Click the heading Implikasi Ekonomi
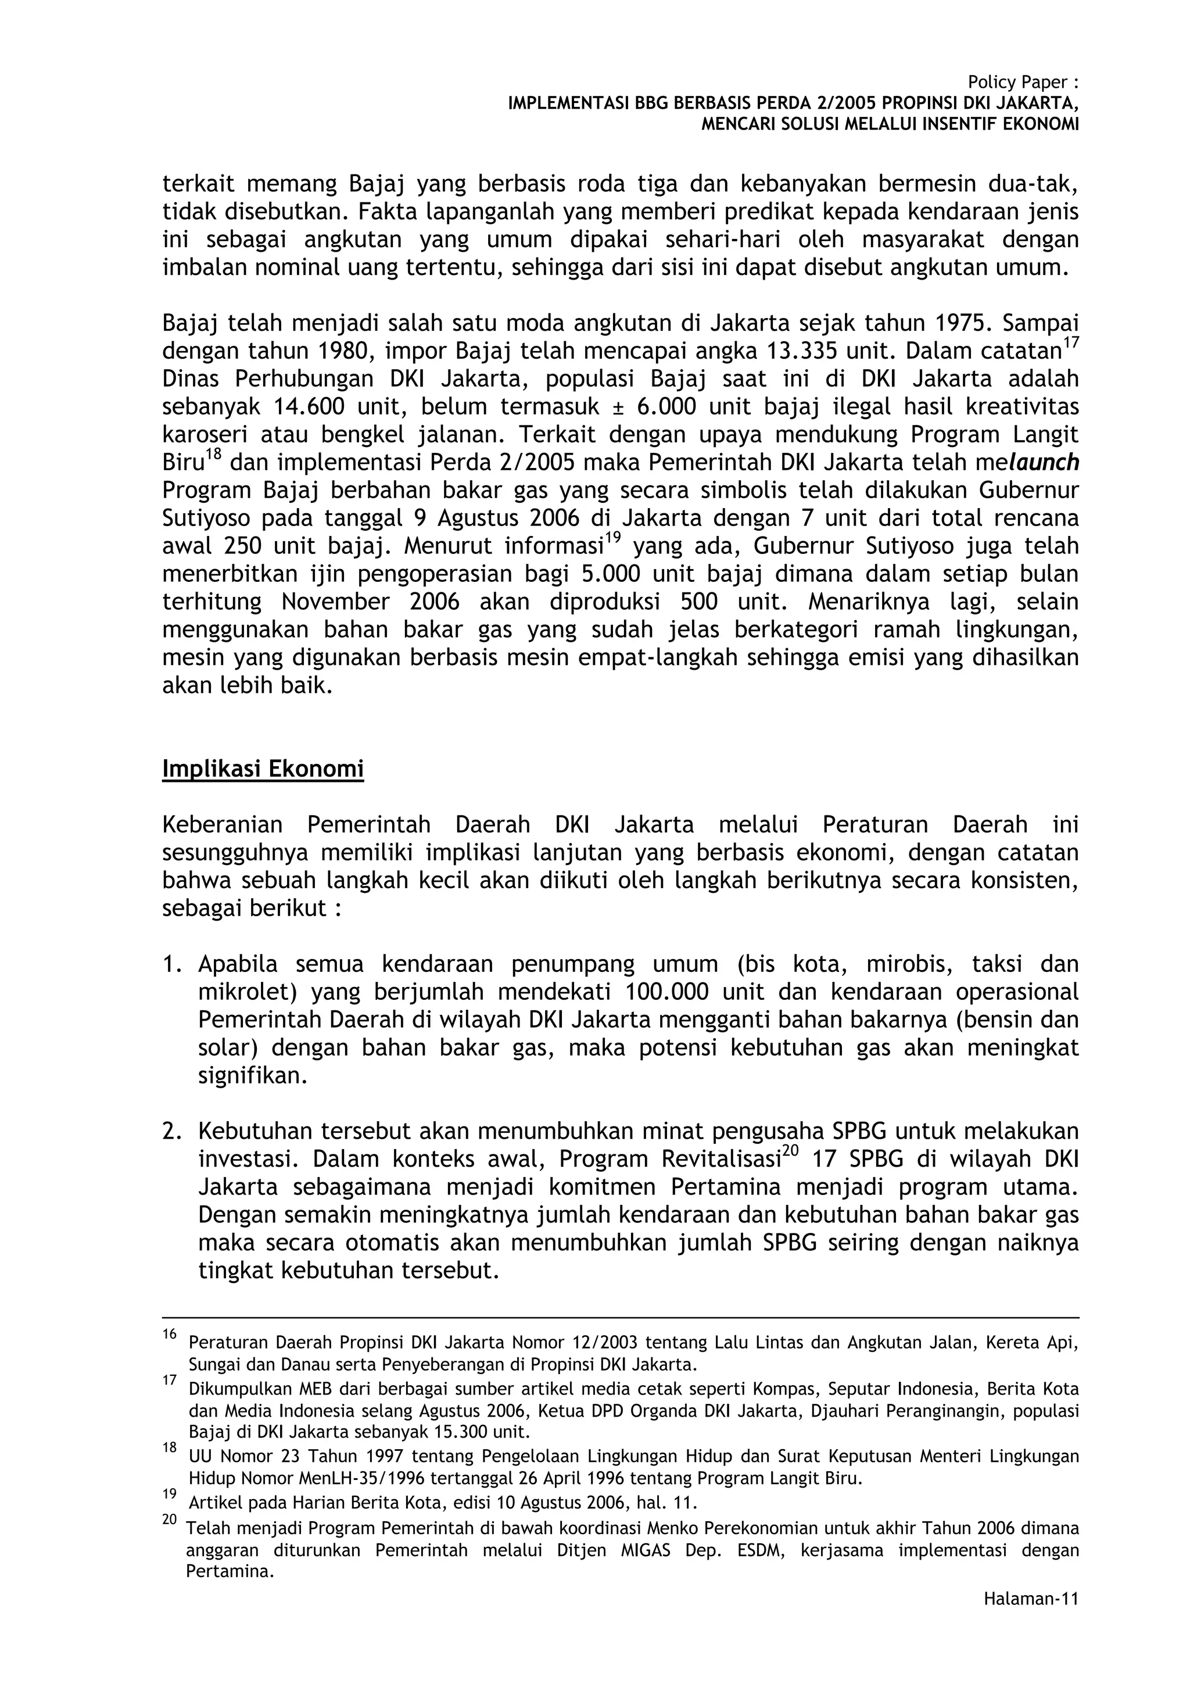coord(263,770)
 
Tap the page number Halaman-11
coord(1031,1619)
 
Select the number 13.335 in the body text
coord(801,351)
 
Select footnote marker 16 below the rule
coord(169,1334)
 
